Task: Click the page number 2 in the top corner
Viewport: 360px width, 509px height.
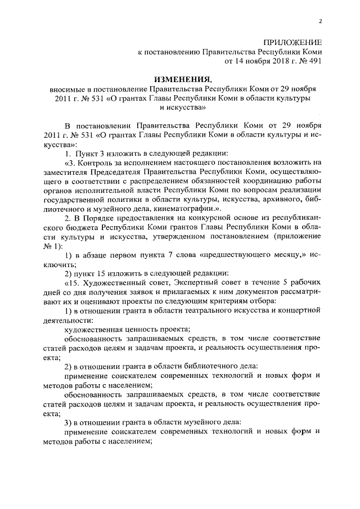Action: click(319, 21)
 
